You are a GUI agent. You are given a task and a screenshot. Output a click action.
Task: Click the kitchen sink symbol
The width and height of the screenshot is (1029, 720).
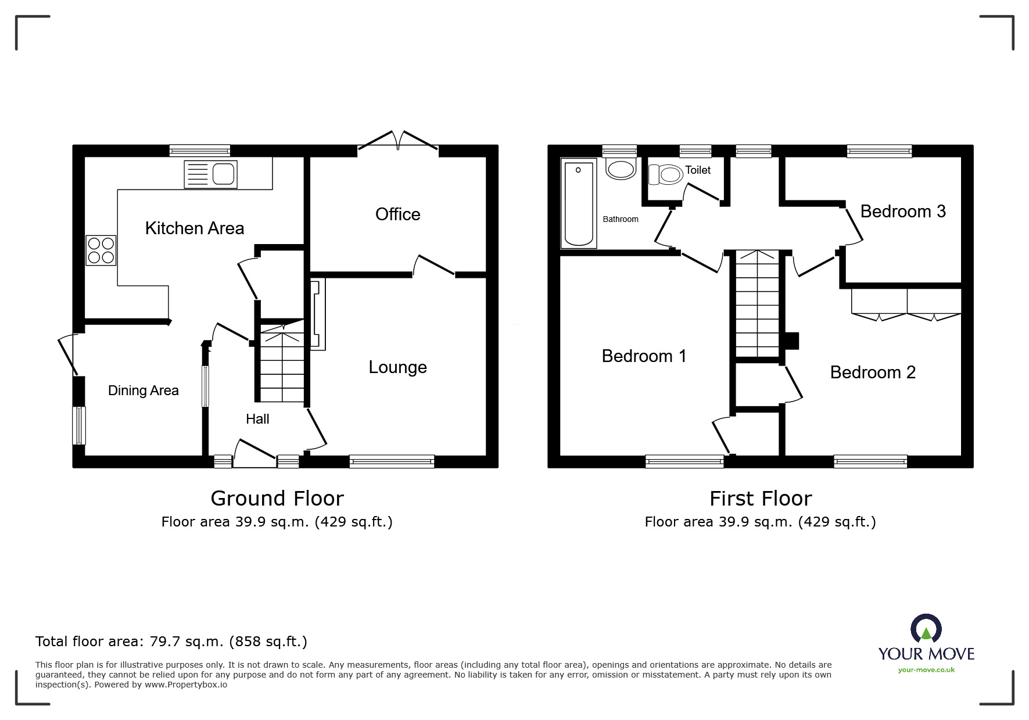210,174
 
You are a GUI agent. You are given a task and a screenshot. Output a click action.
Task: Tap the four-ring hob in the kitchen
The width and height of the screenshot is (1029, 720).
101,250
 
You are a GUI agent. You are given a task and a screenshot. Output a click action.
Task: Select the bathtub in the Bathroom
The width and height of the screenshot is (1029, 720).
579,203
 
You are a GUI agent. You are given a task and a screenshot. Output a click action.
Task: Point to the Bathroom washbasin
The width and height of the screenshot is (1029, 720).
621,169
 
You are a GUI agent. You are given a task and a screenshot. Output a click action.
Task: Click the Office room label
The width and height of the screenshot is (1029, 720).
397,214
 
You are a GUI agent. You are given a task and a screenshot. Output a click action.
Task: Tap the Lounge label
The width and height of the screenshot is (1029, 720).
397,367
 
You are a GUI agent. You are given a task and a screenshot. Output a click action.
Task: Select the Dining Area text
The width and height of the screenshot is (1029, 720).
143,391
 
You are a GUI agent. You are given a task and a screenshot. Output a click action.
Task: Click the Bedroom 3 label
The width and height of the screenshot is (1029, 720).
902,212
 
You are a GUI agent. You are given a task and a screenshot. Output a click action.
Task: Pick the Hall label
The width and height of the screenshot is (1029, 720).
257,419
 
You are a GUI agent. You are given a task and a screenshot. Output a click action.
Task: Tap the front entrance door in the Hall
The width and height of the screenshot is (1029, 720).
254,455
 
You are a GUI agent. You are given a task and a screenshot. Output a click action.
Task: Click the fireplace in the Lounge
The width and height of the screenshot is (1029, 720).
317,315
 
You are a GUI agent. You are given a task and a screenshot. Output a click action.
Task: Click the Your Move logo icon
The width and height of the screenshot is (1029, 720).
926,629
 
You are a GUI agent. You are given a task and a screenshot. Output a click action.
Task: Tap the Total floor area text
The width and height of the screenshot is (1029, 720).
171,642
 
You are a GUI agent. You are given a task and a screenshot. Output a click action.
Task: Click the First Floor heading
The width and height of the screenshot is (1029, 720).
760,499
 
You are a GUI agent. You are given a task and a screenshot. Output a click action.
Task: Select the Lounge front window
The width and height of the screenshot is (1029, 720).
392,461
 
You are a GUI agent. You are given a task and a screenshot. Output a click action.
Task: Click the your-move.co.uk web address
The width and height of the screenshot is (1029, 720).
926,670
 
